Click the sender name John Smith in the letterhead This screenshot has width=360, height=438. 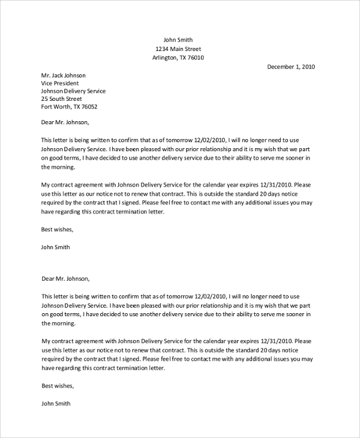click(178, 40)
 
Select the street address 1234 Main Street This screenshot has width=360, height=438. click(178, 49)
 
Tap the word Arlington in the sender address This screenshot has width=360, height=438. click(166, 58)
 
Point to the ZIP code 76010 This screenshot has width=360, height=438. click(196, 58)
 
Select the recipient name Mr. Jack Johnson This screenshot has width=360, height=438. click(63, 76)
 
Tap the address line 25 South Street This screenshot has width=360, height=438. click(61, 99)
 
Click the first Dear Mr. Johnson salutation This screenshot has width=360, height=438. click(65, 122)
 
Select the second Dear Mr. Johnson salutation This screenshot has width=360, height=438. click(65, 278)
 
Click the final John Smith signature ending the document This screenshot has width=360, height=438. click(55, 404)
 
